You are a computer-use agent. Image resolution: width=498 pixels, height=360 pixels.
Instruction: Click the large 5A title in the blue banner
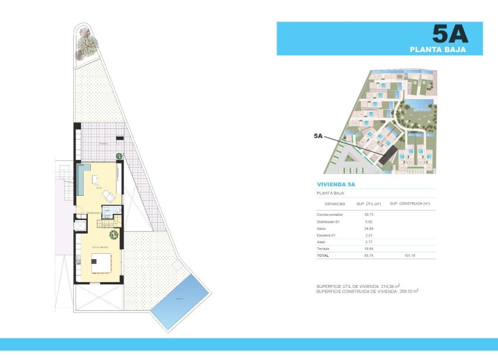(x=450, y=34)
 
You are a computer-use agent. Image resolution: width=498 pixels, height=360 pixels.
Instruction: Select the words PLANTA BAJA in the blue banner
(x=438, y=50)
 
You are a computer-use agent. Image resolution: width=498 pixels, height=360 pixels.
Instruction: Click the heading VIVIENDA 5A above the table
(x=336, y=184)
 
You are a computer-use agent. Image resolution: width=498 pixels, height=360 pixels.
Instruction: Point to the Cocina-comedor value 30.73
(x=369, y=216)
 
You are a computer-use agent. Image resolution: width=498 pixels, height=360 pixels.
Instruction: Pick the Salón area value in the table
(x=369, y=229)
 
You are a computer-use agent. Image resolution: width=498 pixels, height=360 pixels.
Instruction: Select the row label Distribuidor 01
(x=328, y=222)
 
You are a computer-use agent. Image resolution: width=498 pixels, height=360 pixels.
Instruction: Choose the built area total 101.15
(x=410, y=255)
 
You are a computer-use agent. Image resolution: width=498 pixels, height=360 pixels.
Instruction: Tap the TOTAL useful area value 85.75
(x=369, y=255)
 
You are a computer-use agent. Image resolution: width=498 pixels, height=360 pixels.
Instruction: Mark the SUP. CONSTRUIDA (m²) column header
(x=410, y=203)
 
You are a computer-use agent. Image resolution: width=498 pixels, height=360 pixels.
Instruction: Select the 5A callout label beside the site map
(x=318, y=135)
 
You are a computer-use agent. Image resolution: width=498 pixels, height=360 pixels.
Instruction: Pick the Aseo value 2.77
(x=369, y=242)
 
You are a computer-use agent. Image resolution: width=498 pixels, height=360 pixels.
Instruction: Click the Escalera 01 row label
(x=326, y=235)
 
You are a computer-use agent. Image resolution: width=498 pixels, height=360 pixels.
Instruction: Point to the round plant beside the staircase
(x=114, y=235)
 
